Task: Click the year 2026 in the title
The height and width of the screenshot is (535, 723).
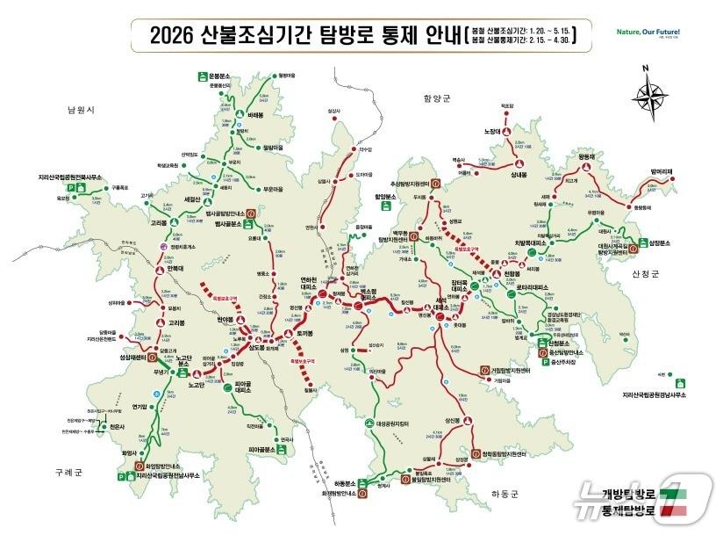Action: (x=173, y=36)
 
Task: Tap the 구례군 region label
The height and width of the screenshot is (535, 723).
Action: (x=66, y=472)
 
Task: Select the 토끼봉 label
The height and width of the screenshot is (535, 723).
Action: (x=305, y=334)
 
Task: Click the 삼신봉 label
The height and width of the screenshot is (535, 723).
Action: (x=453, y=422)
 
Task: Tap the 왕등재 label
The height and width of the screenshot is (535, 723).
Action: (x=586, y=156)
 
